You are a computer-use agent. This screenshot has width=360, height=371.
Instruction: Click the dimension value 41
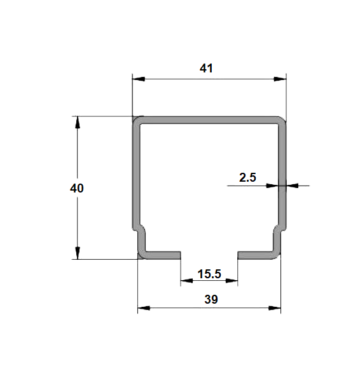point(206,69)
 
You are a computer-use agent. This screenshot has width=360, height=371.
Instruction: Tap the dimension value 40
point(77,188)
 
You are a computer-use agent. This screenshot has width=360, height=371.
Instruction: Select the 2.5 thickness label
point(247,177)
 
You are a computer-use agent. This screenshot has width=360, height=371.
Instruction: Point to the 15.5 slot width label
point(209,274)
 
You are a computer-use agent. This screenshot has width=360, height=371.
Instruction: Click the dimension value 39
point(211,299)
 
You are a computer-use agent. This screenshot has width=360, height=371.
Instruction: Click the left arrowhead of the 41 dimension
point(139,79)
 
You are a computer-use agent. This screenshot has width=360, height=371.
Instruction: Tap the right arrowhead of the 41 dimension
point(280,79)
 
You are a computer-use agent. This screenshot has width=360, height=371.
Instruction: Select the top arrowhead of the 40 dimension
point(78,123)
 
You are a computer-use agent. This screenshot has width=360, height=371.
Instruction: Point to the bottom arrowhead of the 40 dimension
point(78,253)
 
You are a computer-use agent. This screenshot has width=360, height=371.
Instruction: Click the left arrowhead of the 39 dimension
point(144,308)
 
